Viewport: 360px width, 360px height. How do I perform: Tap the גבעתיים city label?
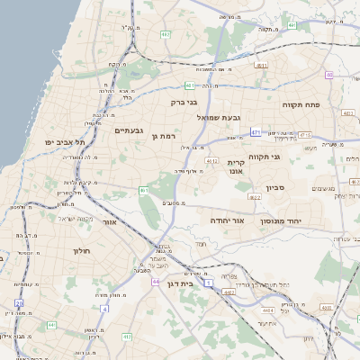129,130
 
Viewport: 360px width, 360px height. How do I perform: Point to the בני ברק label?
184,102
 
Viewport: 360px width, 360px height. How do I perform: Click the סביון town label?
275,188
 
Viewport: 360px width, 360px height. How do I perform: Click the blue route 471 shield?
256,132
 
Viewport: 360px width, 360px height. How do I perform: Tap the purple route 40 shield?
329,75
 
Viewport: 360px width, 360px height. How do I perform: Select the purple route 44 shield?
155,282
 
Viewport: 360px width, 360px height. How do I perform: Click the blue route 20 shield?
104,308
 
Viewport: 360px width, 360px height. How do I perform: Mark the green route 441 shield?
51,325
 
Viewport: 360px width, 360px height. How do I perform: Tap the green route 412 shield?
127,337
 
